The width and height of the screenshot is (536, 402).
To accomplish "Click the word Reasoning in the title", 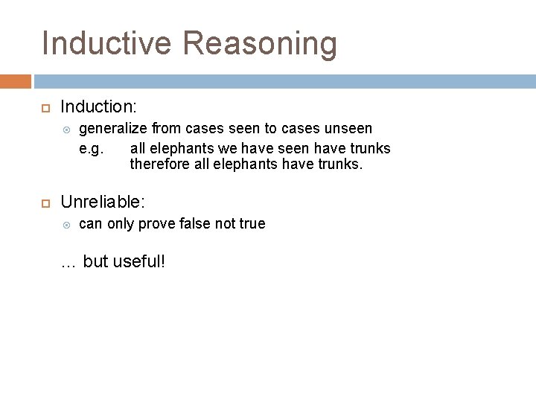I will (x=261, y=43).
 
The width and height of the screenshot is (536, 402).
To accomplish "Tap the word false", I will (x=204, y=223).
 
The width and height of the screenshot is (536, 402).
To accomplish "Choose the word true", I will (x=251, y=223).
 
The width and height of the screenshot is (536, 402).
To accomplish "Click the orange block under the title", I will (x=16, y=80).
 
